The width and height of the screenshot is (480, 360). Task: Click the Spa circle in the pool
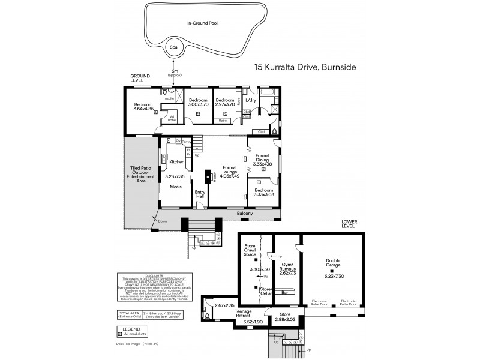tap(173, 46)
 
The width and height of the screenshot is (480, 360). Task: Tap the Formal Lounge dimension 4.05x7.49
tap(229, 175)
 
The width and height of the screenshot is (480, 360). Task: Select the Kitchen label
tap(176, 162)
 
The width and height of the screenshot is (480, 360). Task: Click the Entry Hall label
tap(200, 194)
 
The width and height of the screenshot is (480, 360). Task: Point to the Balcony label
tap(244, 214)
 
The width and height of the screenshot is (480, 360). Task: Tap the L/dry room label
tap(251, 101)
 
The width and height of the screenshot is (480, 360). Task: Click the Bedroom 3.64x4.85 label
tap(143, 107)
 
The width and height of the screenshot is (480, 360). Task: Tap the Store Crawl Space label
tap(250, 251)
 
